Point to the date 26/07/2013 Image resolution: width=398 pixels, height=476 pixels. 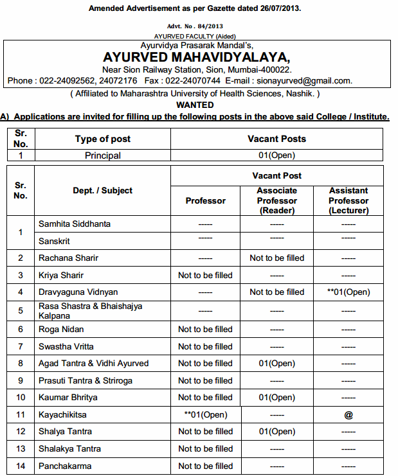click(x=278, y=8)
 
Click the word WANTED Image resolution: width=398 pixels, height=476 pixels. click(x=195, y=105)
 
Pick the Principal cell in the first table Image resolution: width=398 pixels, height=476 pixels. click(x=103, y=155)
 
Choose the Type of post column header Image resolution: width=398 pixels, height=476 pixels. click(x=103, y=139)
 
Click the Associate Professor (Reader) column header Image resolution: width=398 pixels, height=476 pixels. click(x=276, y=200)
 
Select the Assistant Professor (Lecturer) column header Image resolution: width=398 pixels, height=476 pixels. click(x=348, y=200)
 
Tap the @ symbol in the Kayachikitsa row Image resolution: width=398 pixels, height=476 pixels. click(x=348, y=415)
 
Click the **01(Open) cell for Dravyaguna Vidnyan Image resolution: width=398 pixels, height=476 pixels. click(x=348, y=292)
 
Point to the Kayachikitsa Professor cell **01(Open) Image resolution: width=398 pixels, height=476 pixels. click(x=205, y=415)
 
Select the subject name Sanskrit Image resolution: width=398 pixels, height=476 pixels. click(x=55, y=242)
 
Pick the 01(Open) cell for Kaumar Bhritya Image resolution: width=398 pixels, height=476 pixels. click(x=276, y=398)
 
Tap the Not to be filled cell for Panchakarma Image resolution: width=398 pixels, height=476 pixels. click(x=205, y=466)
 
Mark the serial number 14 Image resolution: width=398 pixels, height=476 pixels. click(x=21, y=466)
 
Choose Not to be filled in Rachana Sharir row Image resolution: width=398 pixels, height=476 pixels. click(x=276, y=258)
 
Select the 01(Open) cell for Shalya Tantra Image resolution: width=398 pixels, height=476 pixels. click(x=276, y=432)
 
